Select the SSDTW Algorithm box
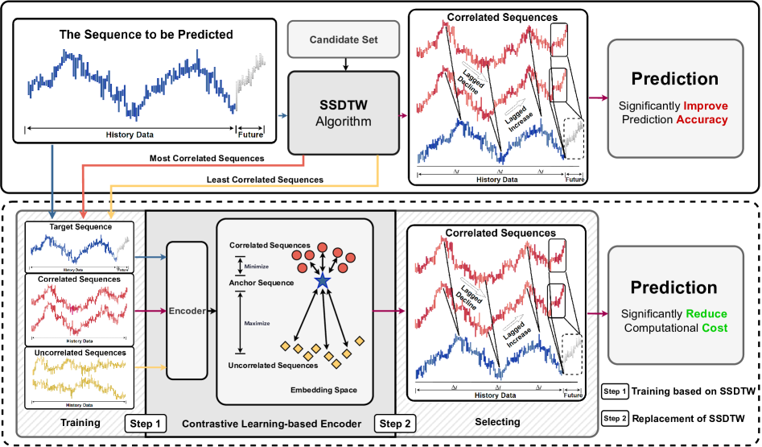pyautogui.click(x=344, y=113)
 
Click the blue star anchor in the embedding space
pyautogui.click(x=322, y=280)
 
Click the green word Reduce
pyautogui.click(x=706, y=312)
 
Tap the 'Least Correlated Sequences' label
pyautogui.click(x=266, y=179)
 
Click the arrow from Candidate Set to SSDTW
pyautogui.click(x=344, y=62)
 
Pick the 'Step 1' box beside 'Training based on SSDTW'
pyautogui.click(x=614, y=391)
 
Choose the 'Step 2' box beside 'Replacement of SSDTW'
pyautogui.click(x=614, y=419)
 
